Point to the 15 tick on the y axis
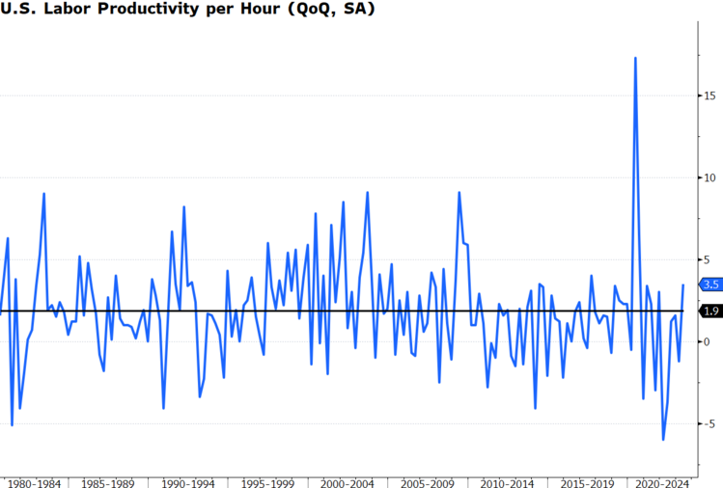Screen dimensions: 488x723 709,95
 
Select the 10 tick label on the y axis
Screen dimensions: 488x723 709,177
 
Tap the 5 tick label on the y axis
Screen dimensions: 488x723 707,259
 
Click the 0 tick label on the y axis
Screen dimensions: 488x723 707,341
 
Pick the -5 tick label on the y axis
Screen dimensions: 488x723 709,423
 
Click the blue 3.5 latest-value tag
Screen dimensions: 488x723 712,285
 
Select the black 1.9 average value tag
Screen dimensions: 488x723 712,311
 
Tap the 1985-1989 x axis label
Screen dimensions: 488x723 108,481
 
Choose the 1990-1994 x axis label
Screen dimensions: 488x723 189,481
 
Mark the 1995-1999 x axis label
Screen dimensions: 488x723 268,481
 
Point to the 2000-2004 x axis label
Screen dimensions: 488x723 348,481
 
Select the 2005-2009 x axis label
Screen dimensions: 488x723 428,481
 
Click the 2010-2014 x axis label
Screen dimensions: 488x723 507,481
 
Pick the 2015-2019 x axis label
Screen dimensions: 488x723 586,481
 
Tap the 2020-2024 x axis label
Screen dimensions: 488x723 662,481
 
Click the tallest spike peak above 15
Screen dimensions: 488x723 635,58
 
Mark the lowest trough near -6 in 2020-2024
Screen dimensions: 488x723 663,440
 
